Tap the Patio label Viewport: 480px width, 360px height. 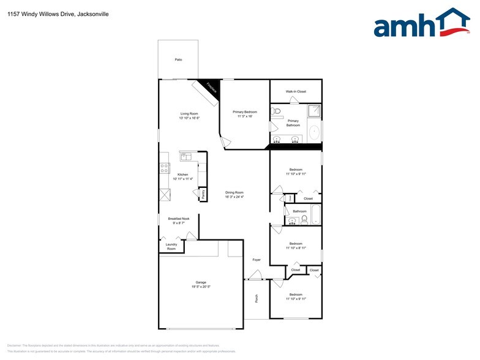coord(178,60)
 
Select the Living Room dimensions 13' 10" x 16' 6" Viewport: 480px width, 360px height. coord(189,118)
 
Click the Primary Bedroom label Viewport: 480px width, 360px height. coord(245,112)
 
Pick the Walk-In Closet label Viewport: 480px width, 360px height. coord(296,92)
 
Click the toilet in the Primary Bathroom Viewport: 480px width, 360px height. coord(277,112)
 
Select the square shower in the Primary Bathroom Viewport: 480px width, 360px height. coord(313,111)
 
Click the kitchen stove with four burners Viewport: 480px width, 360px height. coord(164,168)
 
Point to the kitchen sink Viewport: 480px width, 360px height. coord(186,157)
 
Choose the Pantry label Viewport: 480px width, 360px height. coord(202,195)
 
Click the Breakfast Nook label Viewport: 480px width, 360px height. coord(179,219)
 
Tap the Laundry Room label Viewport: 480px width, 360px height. coord(171,247)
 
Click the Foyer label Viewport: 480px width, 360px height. coord(257,260)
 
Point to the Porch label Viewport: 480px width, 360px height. coord(257,299)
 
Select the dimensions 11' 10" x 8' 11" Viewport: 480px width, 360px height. coord(296,247)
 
